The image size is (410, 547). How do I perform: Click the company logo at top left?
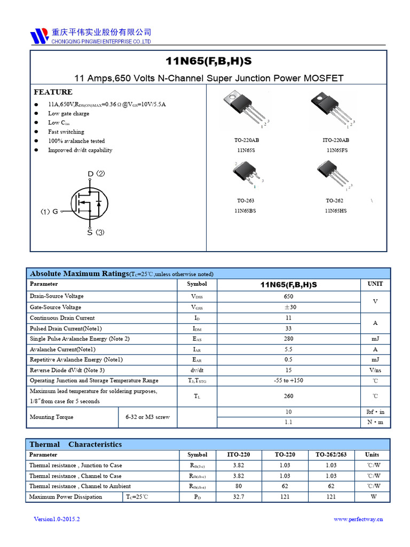click(x=40, y=36)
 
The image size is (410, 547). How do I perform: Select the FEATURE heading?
click(x=53, y=92)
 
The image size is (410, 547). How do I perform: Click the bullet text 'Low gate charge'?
click(x=69, y=113)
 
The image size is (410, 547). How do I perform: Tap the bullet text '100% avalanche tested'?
click(x=76, y=141)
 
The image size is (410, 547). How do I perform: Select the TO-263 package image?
click(x=246, y=174)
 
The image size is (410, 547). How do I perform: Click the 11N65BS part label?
click(x=246, y=211)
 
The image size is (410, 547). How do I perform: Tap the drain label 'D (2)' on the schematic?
click(x=96, y=174)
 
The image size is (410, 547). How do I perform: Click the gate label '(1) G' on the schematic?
click(x=49, y=212)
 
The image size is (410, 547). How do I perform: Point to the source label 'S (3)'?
click(x=96, y=232)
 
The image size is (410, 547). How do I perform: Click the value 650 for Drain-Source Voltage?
click(x=288, y=296)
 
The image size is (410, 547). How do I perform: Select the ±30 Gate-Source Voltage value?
click(x=288, y=307)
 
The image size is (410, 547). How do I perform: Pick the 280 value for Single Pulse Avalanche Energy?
click(x=288, y=339)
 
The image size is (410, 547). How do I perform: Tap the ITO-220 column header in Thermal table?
click(x=238, y=455)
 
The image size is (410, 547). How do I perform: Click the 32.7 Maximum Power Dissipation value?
click(x=238, y=497)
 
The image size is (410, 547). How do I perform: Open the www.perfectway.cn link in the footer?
click(x=358, y=519)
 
